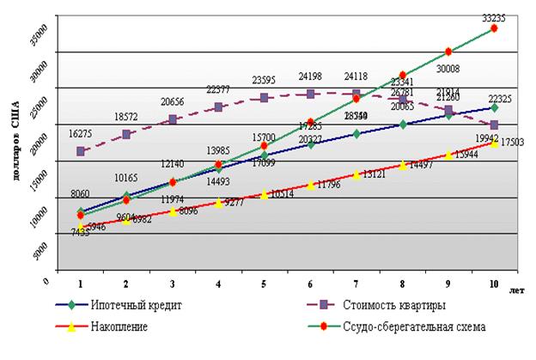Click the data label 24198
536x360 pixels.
(311, 76)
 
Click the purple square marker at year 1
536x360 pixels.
(81, 151)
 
